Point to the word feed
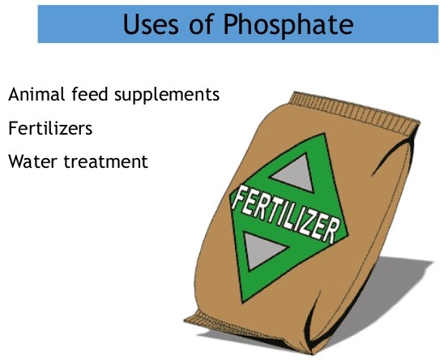87,94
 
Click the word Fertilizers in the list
49,128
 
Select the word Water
32,161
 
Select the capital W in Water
16,161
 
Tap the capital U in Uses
132,24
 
